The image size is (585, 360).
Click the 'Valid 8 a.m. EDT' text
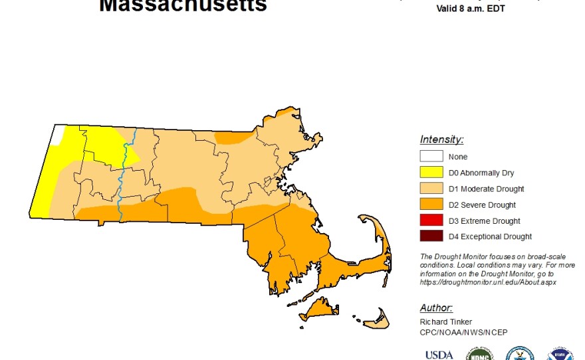coord(468,9)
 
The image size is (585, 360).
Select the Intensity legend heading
coord(441,139)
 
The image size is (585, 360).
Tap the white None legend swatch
coord(430,157)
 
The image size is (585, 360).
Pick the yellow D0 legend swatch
coord(430,173)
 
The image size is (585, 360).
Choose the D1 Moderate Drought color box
coord(430,189)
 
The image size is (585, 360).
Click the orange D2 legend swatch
coord(430,205)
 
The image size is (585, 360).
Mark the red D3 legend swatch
coord(430,221)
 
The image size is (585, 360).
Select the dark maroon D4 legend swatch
coord(430,236)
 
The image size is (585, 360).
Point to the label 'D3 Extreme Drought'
coord(484,221)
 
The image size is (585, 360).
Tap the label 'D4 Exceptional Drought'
coord(490,236)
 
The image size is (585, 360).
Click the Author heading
coord(436,308)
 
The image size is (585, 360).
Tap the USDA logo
coord(439,354)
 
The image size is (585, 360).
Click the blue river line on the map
coord(122,176)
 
